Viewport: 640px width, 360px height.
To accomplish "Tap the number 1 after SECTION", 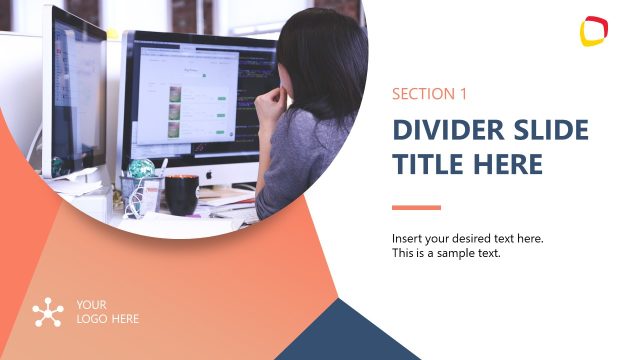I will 463,94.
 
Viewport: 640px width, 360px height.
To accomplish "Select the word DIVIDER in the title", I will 444,131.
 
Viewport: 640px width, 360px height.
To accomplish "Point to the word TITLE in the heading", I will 424,164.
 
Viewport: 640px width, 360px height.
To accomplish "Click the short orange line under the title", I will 416,208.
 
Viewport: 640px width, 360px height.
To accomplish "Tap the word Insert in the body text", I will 407,238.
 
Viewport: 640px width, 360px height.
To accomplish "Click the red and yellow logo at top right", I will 594,31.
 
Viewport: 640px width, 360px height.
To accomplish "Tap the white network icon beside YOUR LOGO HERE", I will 48,312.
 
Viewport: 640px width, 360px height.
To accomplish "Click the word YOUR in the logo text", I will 91,304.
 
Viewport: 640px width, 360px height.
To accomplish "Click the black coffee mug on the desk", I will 181,194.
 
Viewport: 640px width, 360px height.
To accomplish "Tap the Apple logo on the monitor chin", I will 210,174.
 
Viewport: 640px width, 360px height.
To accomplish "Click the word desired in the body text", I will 477,238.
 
